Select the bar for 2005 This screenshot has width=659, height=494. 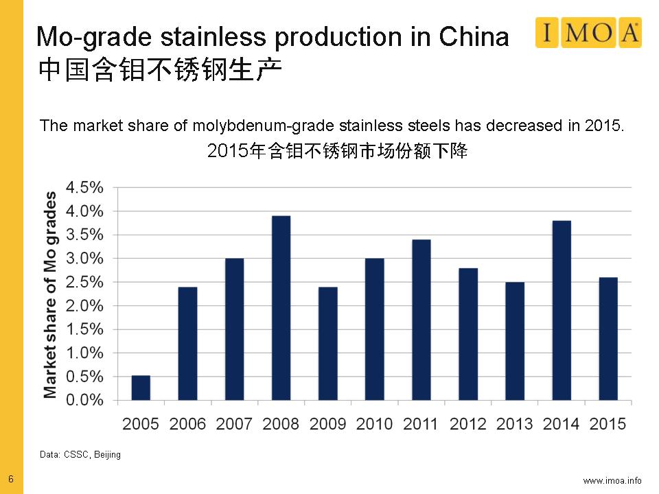[141, 388]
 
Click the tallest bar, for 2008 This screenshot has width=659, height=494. [281, 308]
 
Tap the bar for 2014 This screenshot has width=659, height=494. [562, 310]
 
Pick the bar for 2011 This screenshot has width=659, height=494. [421, 320]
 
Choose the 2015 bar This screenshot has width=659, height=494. [608, 339]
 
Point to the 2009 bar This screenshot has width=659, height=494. [327, 343]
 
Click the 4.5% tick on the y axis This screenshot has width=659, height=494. [84, 187]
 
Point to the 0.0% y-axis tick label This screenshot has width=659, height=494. [84, 400]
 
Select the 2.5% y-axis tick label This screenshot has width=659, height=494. [84, 282]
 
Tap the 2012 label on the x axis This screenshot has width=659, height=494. [467, 424]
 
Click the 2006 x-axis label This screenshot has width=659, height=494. [187, 424]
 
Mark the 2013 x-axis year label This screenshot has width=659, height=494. [514, 424]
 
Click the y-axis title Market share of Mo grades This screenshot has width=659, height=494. [50, 295]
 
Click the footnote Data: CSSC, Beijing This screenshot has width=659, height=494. [80, 455]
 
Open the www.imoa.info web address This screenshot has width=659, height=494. [612, 480]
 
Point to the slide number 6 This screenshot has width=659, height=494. [10, 478]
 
